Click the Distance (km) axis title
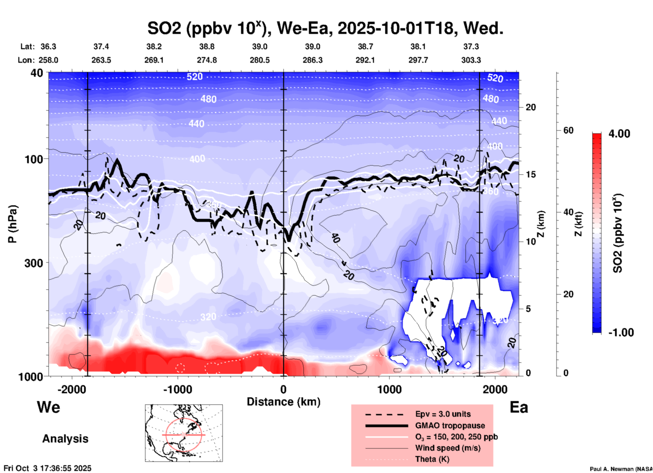[283, 402]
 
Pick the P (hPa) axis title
[13, 224]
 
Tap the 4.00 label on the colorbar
[619, 134]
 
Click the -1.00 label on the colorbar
[621, 333]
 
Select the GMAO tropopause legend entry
[450, 425]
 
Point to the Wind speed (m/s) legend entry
[448, 448]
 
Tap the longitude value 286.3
[312, 60]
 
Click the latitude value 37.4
[101, 46]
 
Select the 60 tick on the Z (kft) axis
[568, 130]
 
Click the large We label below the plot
[48, 407]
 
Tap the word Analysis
[65, 439]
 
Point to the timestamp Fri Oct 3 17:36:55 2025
[47, 468]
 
